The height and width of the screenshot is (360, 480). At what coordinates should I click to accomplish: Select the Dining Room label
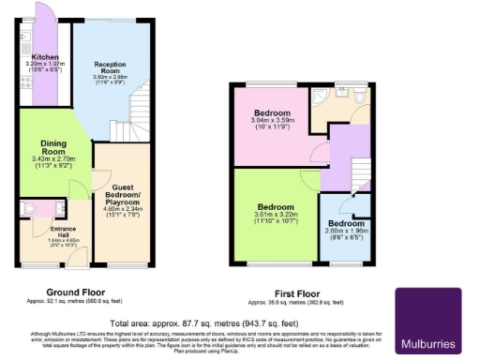52,148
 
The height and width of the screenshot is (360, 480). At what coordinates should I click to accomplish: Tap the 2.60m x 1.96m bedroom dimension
346,232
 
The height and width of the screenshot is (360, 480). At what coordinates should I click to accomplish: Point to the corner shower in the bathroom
323,97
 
